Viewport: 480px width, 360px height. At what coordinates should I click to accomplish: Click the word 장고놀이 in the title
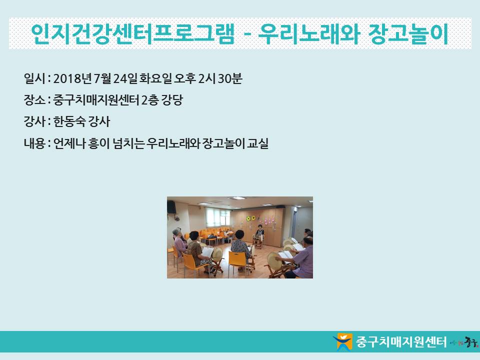click(x=408, y=33)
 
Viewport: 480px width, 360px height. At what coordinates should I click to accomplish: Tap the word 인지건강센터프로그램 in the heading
click(x=132, y=33)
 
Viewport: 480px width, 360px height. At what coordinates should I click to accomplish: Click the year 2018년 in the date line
click(x=72, y=78)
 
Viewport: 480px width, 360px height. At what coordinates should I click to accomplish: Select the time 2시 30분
click(x=220, y=78)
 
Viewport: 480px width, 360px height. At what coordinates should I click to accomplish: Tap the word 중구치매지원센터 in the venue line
click(x=96, y=100)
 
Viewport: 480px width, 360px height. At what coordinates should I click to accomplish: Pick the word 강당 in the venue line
click(x=172, y=100)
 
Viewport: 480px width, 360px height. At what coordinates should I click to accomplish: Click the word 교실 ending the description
click(x=257, y=143)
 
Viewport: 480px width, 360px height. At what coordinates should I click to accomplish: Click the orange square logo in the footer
click(x=344, y=341)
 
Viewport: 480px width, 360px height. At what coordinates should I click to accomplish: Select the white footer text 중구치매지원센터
click(x=401, y=341)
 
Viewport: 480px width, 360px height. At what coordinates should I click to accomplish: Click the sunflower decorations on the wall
click(x=251, y=218)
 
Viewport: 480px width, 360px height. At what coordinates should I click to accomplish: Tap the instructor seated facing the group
click(x=259, y=234)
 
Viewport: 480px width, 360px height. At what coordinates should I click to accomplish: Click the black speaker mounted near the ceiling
click(x=171, y=206)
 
